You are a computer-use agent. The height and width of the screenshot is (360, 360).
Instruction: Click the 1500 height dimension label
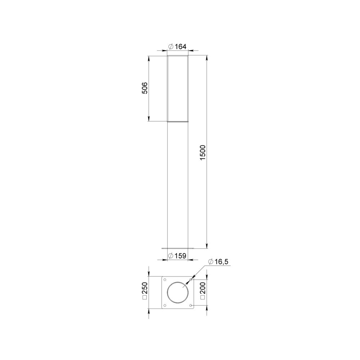(x=203, y=153)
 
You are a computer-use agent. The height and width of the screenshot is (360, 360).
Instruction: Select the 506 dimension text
(x=145, y=88)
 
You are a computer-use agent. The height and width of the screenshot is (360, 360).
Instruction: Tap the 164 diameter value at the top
(x=180, y=46)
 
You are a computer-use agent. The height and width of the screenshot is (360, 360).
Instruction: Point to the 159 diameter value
(x=180, y=256)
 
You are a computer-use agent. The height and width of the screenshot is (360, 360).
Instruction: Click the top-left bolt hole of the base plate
(x=165, y=280)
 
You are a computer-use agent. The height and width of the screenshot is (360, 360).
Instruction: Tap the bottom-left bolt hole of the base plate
(x=165, y=305)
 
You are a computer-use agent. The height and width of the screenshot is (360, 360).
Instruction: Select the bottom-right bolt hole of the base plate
(x=191, y=305)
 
